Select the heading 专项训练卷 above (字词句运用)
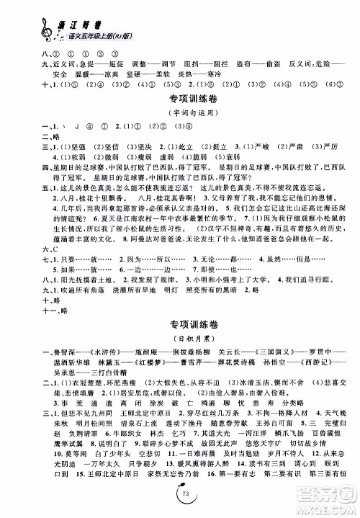(x=179, y=95)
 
